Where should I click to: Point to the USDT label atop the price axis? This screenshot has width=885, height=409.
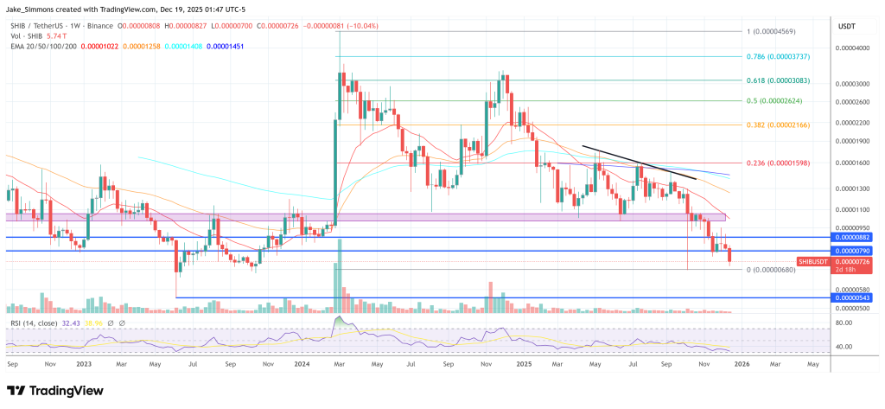[x=846, y=27]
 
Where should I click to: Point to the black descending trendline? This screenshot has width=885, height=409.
[x=639, y=162]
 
